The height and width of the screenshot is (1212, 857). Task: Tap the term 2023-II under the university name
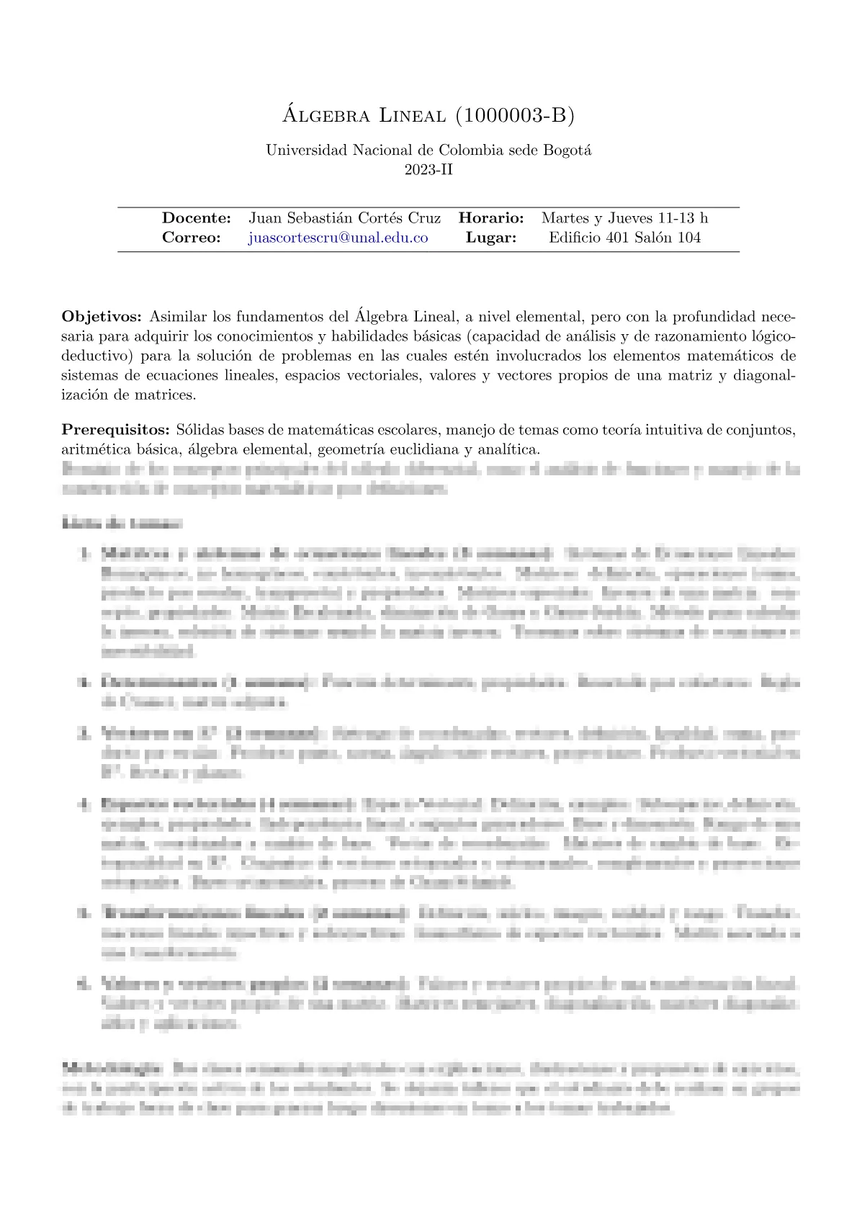[428, 170]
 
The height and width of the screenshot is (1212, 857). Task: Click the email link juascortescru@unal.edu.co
[338, 238]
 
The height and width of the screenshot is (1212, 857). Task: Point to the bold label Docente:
[197, 217]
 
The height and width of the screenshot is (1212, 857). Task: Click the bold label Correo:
[192, 238]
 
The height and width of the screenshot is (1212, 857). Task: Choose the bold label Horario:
[491, 217]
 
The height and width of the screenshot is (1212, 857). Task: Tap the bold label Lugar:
[491, 238]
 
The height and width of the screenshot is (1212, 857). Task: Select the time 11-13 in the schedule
[675, 217]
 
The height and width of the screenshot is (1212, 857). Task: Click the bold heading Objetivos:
[102, 317]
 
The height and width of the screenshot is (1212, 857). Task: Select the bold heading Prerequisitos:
[115, 431]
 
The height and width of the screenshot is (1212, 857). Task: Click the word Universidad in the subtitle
[306, 151]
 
